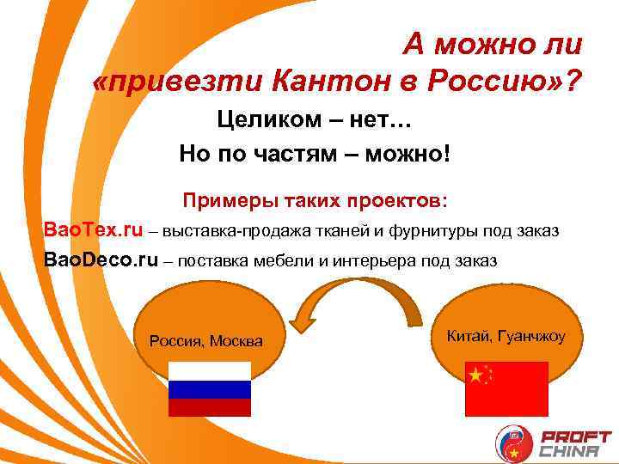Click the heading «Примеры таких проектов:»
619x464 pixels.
click(315, 201)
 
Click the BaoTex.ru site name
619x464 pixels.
click(93, 230)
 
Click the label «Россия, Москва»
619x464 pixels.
click(206, 341)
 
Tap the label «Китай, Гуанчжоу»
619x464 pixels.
click(506, 335)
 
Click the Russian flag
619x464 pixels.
click(209, 388)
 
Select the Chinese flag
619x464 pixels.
click(506, 388)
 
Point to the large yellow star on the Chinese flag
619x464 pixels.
click(475, 374)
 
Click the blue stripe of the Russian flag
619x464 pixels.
click(209, 389)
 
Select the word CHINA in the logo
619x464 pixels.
click(574, 451)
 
